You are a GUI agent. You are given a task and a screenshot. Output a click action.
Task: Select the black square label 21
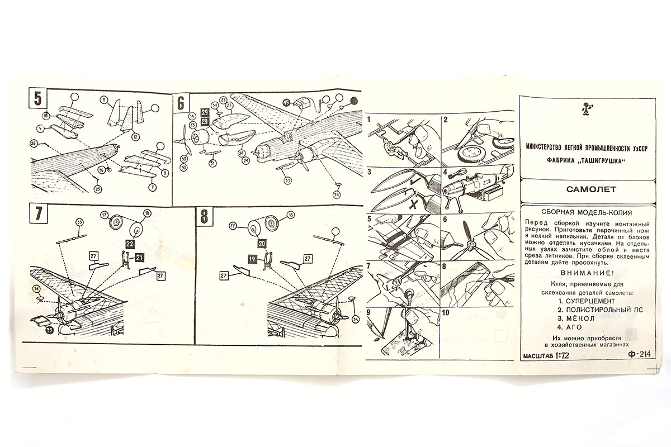click(139, 257)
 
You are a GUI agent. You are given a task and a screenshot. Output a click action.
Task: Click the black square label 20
click(261, 244)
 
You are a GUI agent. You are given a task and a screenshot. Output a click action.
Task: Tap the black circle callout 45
click(286, 102)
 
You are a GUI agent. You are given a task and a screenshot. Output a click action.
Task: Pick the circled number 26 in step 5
click(34, 144)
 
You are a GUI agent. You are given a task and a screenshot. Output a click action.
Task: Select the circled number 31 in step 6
click(212, 163)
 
